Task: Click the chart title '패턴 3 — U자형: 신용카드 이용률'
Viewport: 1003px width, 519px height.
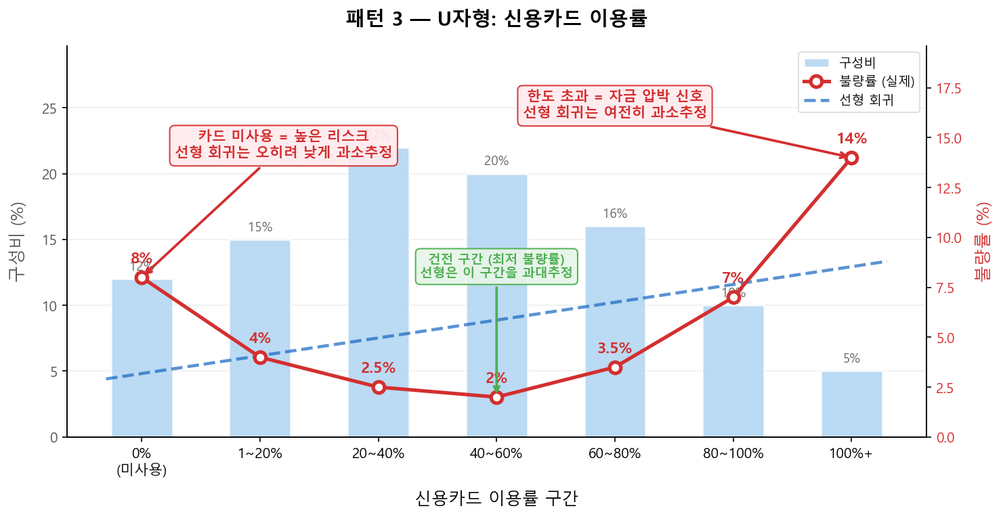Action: click(496, 18)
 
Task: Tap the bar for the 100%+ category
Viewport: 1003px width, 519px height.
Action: click(851, 404)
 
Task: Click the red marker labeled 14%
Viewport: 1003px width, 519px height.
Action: click(851, 158)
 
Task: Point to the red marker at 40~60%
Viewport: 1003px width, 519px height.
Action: click(496, 397)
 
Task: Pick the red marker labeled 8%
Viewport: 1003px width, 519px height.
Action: click(142, 277)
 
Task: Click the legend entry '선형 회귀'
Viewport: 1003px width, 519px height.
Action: click(866, 101)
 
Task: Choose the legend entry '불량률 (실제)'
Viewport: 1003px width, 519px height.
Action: click(876, 81)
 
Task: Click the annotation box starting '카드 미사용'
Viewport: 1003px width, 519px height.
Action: click(283, 145)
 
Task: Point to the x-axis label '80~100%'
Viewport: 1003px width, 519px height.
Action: click(733, 454)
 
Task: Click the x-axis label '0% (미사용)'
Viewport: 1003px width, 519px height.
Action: click(142, 461)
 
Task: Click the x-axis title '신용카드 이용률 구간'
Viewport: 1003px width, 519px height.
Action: click(496, 499)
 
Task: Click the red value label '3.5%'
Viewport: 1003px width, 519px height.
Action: click(614, 348)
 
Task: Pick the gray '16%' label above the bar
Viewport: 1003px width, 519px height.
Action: click(614, 214)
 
